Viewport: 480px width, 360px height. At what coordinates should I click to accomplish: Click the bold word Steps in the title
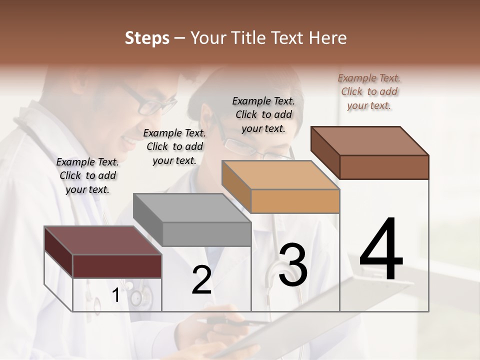point(147,38)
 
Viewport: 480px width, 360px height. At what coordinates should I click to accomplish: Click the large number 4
point(381,249)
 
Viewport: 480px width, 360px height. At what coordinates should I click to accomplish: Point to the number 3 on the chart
point(292,265)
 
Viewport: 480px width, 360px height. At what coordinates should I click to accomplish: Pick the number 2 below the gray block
point(201,280)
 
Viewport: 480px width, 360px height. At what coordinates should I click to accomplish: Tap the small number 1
point(116,295)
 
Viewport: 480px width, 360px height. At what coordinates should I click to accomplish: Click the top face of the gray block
point(192,208)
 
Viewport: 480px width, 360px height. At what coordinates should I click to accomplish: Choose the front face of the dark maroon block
point(117,266)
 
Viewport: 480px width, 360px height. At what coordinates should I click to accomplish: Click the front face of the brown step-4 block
point(384,167)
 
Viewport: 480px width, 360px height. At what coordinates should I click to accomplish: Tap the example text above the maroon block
point(87,176)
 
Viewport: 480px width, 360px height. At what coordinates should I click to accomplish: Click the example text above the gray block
point(174,147)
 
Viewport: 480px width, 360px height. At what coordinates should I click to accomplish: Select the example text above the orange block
point(263,115)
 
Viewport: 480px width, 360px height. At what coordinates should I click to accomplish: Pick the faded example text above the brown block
point(369,92)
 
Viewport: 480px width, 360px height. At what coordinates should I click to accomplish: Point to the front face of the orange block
point(295,201)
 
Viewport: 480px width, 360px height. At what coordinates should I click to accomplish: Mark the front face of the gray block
point(206,234)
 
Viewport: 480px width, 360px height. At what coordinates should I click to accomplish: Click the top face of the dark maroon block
point(103,240)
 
